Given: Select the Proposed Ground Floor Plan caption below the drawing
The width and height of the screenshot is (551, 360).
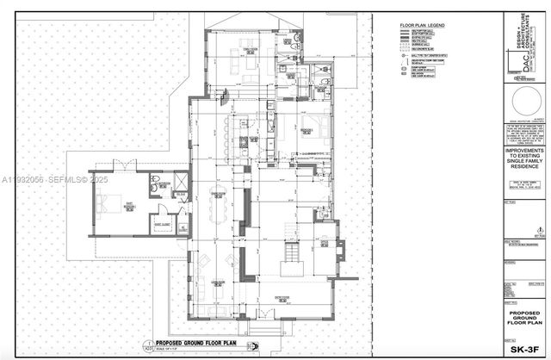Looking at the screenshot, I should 203,343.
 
